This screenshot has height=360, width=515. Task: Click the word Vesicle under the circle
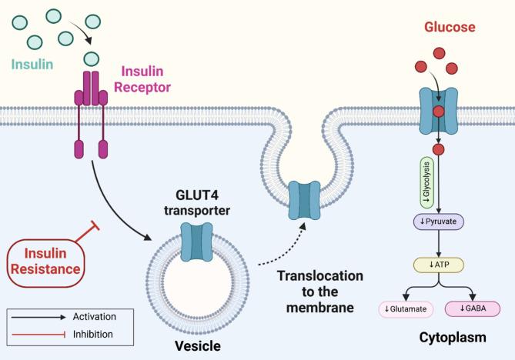point(197,345)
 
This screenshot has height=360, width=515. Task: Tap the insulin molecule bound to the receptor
point(92,58)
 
